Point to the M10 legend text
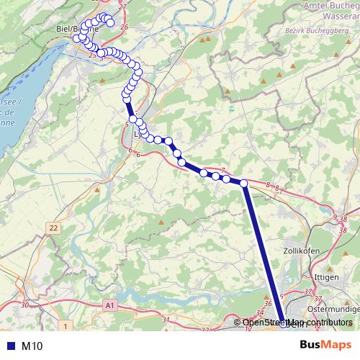(x=32, y=346)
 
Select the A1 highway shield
(x=109, y=305)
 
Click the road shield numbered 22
(x=53, y=228)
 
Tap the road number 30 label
(x=24, y=305)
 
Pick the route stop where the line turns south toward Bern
(x=244, y=184)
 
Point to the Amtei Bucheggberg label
(x=328, y=6)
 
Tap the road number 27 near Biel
(x=122, y=6)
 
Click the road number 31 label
(x=166, y=320)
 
